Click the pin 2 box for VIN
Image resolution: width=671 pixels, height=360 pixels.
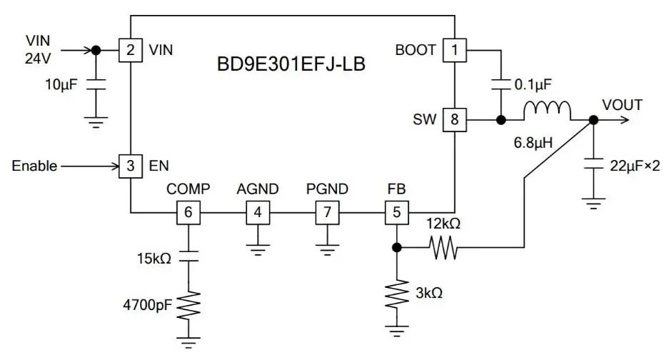[130, 51]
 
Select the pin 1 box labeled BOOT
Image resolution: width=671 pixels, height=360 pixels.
[454, 51]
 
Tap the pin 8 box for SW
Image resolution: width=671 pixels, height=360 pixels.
[454, 119]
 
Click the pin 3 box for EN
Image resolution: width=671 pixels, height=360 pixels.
[130, 166]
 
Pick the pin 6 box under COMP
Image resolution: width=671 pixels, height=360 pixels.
[188, 212]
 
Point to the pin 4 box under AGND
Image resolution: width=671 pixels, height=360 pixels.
[257, 212]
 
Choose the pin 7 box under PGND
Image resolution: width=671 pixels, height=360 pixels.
[327, 212]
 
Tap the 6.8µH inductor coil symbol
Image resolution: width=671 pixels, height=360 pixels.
[548, 111]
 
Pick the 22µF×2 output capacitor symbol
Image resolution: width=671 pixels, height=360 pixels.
[592, 164]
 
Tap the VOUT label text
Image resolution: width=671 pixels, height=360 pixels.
[622, 105]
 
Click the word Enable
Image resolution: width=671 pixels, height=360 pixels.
[34, 166]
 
